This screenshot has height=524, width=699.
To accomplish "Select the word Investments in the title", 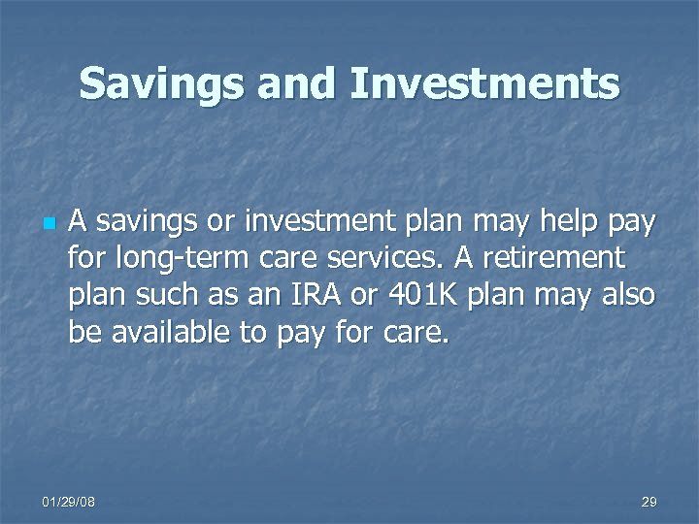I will coord(484,83).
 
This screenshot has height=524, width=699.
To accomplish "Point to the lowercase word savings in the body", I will coord(139,225).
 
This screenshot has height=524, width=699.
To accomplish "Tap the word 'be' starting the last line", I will coord(83,333).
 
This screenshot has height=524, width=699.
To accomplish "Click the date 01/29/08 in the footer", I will coord(69,502).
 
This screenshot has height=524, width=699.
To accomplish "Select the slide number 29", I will coord(649,502).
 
